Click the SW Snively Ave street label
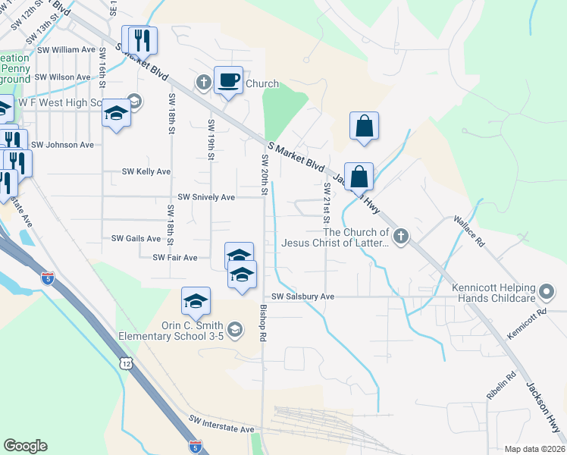[x=206, y=197]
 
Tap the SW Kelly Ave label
[x=146, y=172]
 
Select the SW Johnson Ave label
[x=62, y=145]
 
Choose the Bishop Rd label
[x=265, y=322]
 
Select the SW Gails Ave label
[x=136, y=238]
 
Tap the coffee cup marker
[x=228, y=80]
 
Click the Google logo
[x=26, y=446]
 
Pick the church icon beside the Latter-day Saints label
[x=401, y=237]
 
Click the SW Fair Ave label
[x=175, y=258]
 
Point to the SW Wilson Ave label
[x=62, y=77]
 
